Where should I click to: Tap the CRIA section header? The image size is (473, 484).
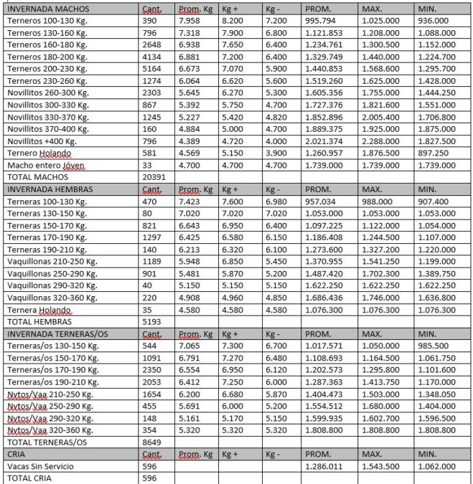click(16, 454)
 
